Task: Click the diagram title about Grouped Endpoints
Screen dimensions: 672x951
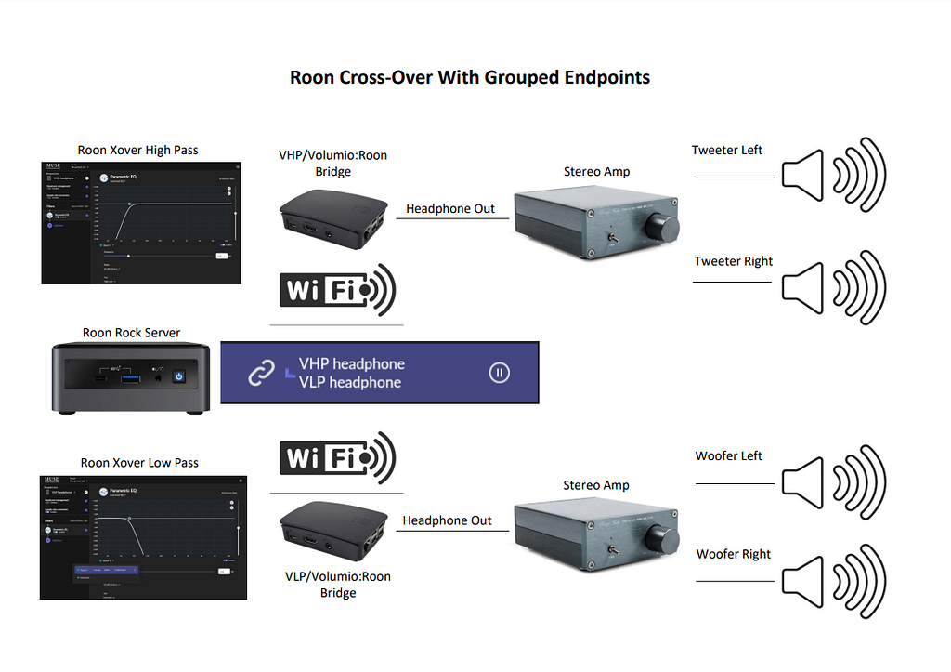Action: coord(470,77)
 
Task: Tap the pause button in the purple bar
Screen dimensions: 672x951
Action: coord(499,373)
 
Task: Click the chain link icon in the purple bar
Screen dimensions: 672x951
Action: coord(262,373)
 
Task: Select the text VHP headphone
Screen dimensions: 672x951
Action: coord(351,363)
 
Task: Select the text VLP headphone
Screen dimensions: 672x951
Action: coord(350,382)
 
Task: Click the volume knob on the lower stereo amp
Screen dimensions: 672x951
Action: coord(666,539)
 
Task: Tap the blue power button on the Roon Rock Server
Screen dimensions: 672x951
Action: coord(180,377)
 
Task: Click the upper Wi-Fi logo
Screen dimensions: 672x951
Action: coord(338,290)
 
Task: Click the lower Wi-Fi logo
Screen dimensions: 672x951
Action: coord(338,457)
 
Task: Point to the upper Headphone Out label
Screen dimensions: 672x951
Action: coord(450,209)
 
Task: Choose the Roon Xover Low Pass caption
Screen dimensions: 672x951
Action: coord(139,462)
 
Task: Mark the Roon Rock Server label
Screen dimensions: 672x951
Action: coord(131,333)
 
